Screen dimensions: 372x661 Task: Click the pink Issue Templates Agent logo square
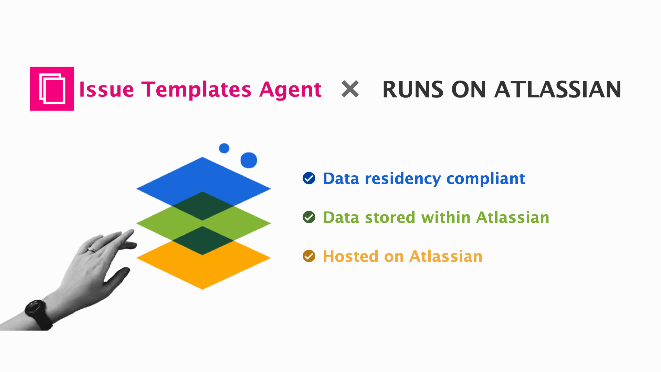pos(52,89)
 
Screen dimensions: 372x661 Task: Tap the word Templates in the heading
pos(196,90)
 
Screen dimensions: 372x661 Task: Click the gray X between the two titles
pos(350,89)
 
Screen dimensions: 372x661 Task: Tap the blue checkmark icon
pos(309,178)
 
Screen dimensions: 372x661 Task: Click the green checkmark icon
pos(309,217)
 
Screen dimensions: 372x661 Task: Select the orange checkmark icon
pos(309,256)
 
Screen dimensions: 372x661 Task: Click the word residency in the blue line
pos(402,179)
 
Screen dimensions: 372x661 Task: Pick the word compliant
pos(485,179)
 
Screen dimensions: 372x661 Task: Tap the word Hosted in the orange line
pos(350,256)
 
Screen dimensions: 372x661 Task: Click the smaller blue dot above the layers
pos(224,148)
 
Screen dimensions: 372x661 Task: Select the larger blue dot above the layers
pos(249,160)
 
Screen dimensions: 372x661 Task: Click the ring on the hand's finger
pos(92,249)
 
